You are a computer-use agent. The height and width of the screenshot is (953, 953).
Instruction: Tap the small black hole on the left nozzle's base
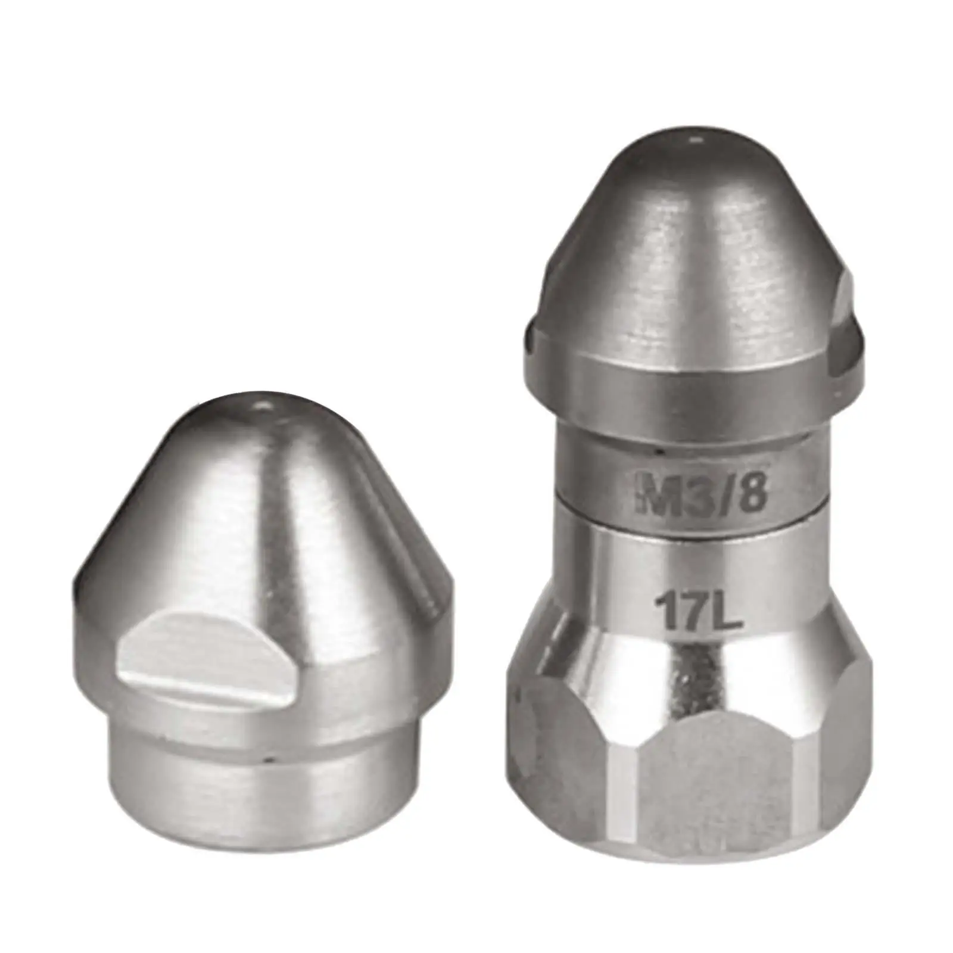pyautogui.click(x=271, y=759)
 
